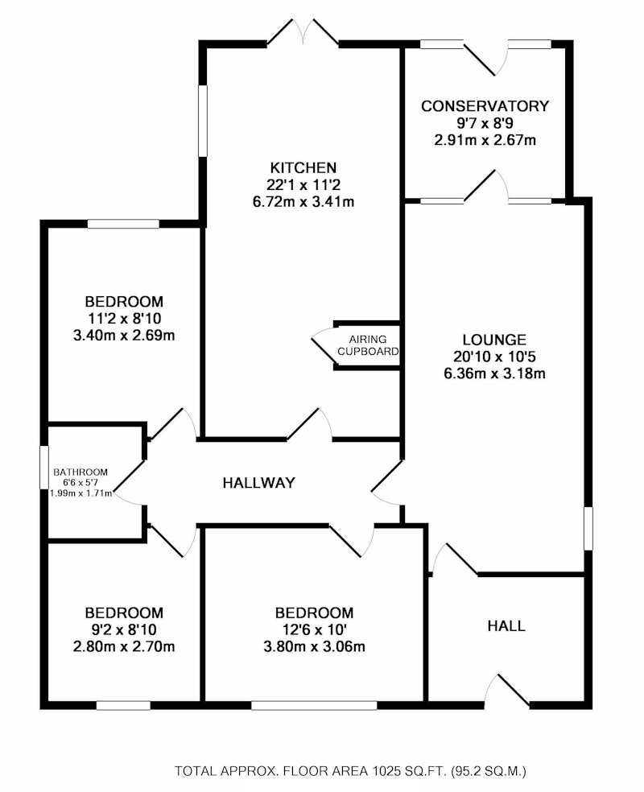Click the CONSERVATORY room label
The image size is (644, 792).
485,106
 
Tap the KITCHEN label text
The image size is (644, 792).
303,167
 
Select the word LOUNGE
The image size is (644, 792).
494,340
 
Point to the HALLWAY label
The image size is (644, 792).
258,483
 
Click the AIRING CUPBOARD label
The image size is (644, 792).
368,345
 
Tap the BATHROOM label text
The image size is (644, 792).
80,472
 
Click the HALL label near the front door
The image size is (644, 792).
506,626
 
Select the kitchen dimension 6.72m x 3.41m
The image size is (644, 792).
303,202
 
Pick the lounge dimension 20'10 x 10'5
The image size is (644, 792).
494,357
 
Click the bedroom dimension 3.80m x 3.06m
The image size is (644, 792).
314,646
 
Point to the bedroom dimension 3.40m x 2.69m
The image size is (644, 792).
124,336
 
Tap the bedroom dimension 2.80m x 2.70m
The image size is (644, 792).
124,646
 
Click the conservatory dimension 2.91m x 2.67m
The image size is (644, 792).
485,140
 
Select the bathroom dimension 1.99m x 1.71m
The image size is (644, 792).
80,493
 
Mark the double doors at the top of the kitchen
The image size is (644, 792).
303,33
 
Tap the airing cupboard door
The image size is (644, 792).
324,345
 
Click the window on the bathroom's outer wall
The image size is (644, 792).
44,467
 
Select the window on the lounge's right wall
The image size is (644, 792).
588,528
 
